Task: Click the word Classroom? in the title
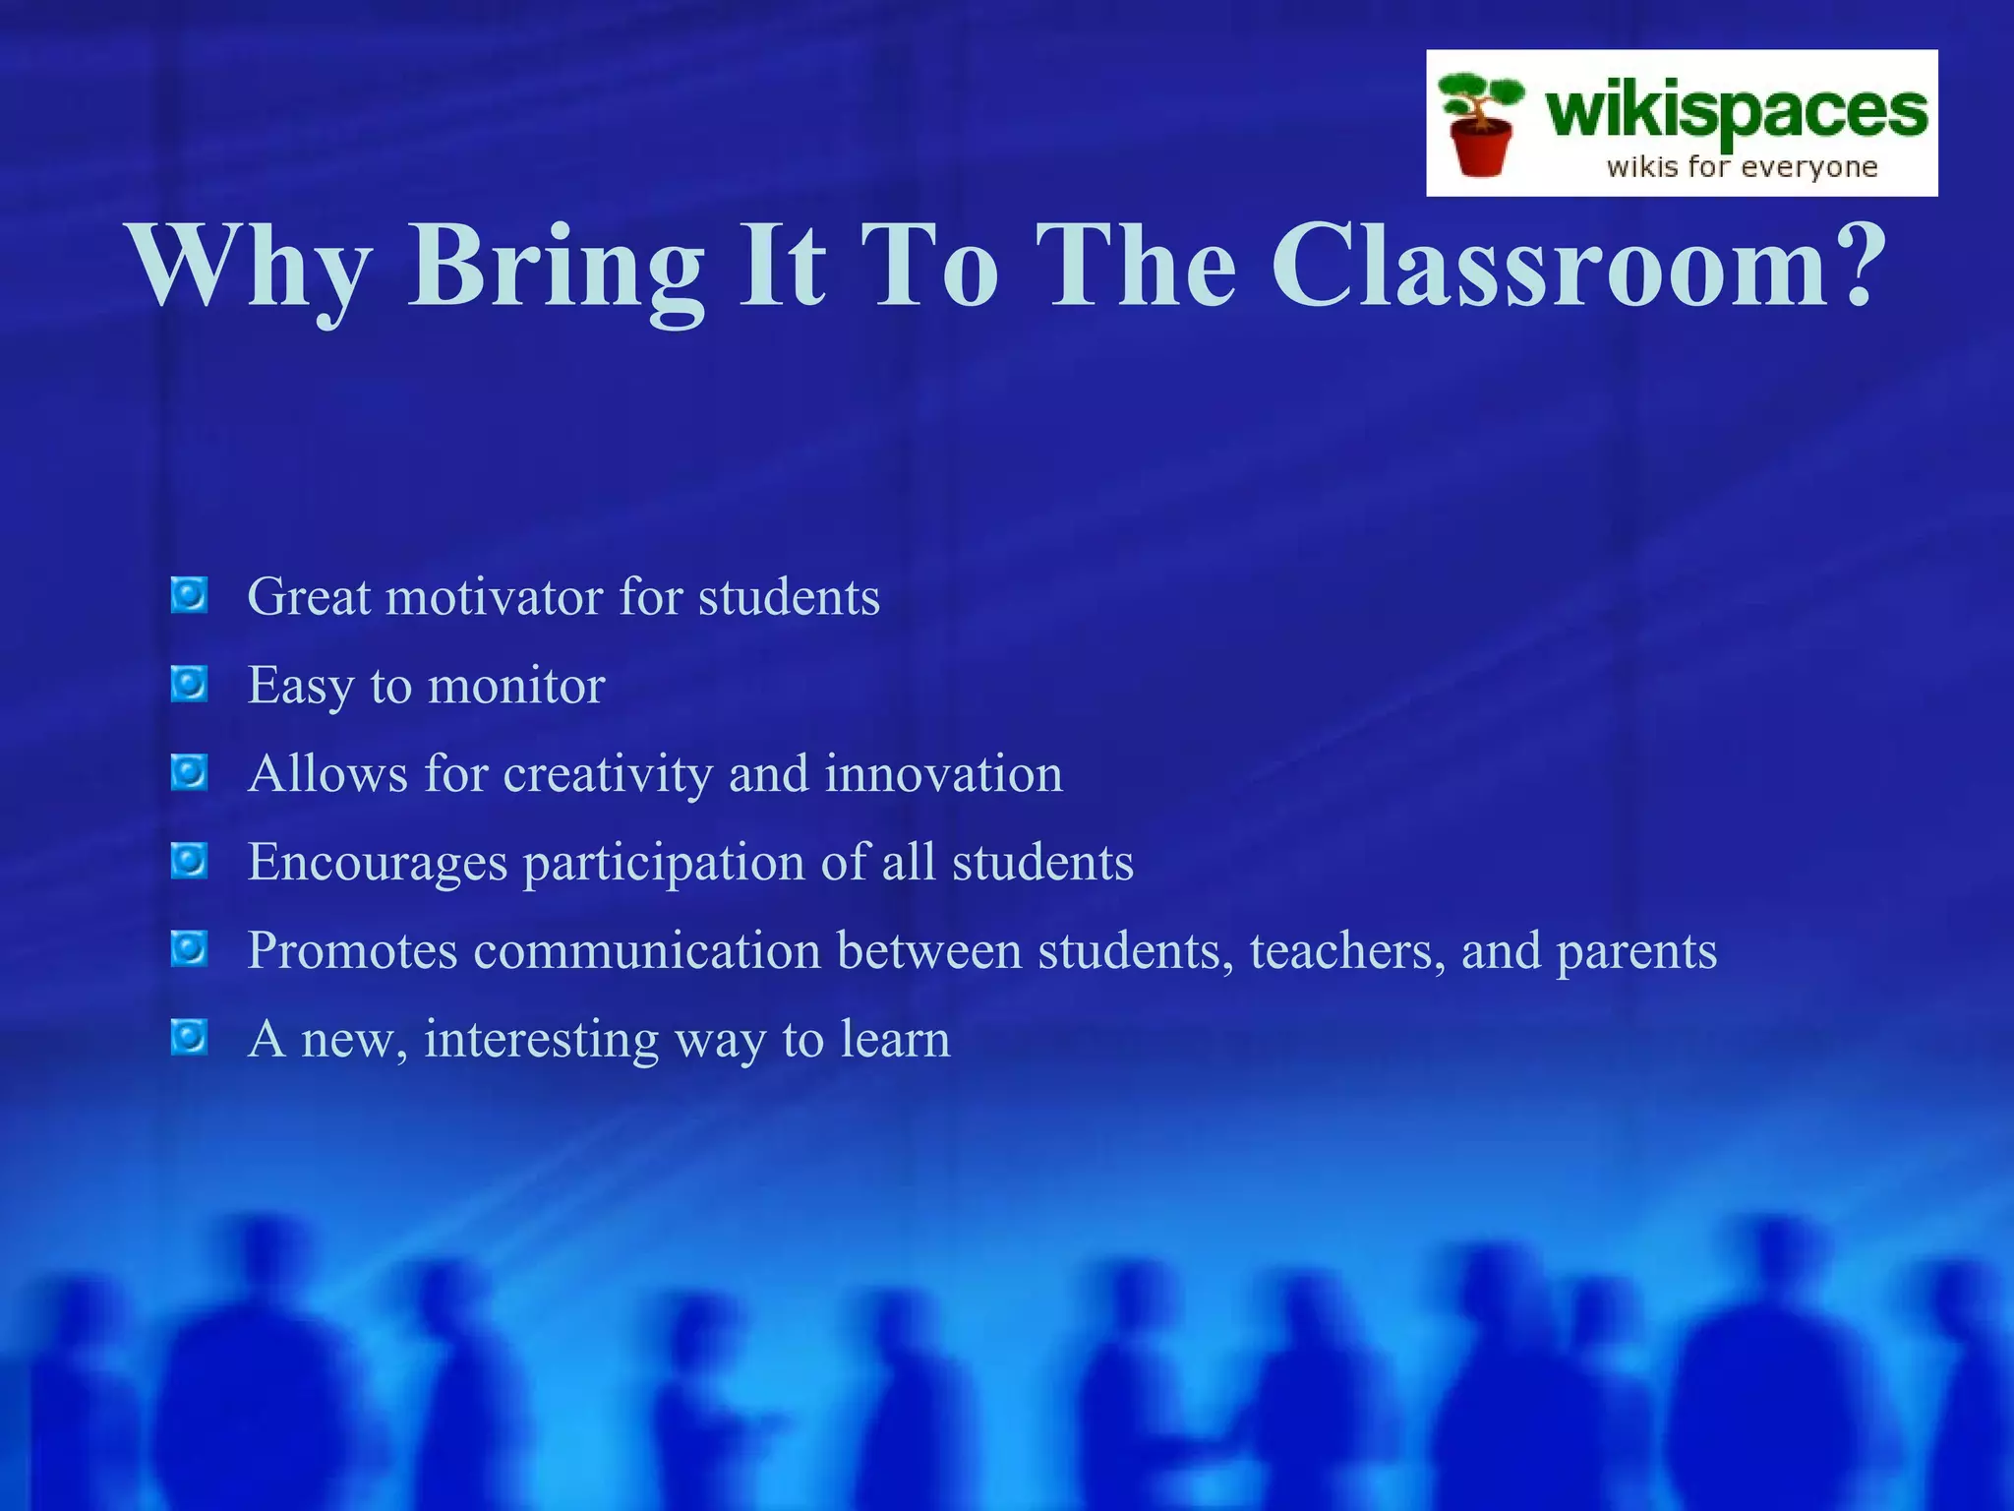click(x=1578, y=266)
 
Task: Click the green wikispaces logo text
click(x=1736, y=111)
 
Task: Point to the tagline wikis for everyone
click(x=1742, y=167)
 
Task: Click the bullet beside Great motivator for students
click(x=189, y=595)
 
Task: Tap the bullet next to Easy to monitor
click(x=189, y=684)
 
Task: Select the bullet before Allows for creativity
click(x=189, y=772)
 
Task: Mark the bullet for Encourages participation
click(x=189, y=861)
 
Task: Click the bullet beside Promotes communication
click(x=189, y=949)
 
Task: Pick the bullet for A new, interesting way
click(x=189, y=1037)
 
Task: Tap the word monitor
click(x=516, y=686)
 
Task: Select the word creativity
click(x=608, y=774)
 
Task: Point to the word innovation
click(x=943, y=774)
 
